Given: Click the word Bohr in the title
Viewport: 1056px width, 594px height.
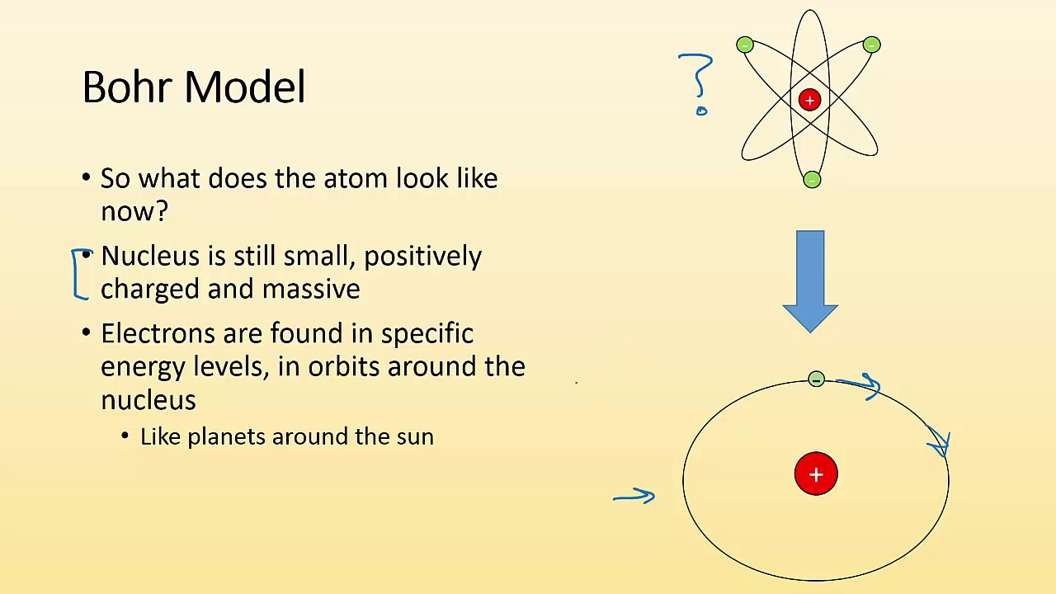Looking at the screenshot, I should [132, 87].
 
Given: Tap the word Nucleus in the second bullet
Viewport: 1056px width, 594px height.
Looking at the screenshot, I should [150, 256].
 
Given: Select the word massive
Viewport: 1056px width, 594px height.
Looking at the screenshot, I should [311, 289].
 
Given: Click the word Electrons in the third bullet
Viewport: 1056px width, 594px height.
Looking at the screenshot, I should [157, 333].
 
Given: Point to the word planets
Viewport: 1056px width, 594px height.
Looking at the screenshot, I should [226, 436].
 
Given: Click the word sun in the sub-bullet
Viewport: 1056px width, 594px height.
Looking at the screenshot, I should [415, 436].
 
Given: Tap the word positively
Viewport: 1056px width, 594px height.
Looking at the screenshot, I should [422, 257].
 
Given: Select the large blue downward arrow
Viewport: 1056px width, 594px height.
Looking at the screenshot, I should [810, 280].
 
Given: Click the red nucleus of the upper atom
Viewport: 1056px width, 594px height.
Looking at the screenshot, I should [809, 100].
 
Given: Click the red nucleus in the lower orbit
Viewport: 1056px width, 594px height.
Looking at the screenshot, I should [816, 474].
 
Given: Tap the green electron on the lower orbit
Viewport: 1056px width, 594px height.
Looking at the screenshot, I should [816, 379].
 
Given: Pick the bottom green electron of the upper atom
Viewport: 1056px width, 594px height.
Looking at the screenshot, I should [812, 179].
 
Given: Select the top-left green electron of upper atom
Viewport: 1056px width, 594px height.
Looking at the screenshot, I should [745, 45].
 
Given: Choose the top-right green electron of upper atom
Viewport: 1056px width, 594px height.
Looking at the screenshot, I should [872, 45].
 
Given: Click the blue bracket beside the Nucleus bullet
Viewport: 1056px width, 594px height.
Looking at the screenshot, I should [78, 274].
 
